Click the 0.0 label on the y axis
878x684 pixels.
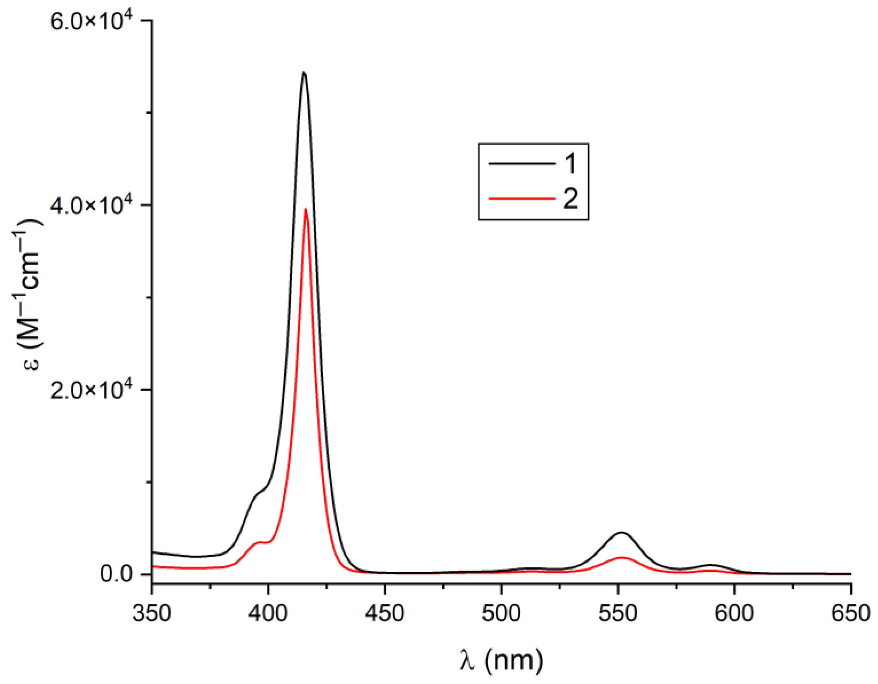[117, 574]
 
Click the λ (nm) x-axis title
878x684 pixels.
[501, 660]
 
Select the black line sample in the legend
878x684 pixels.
[521, 164]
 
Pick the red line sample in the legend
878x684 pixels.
[521, 198]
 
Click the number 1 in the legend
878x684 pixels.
[570, 164]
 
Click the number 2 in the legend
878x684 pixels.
[570, 198]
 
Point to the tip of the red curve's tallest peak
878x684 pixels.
[306, 209]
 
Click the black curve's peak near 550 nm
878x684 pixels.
[622, 532]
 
